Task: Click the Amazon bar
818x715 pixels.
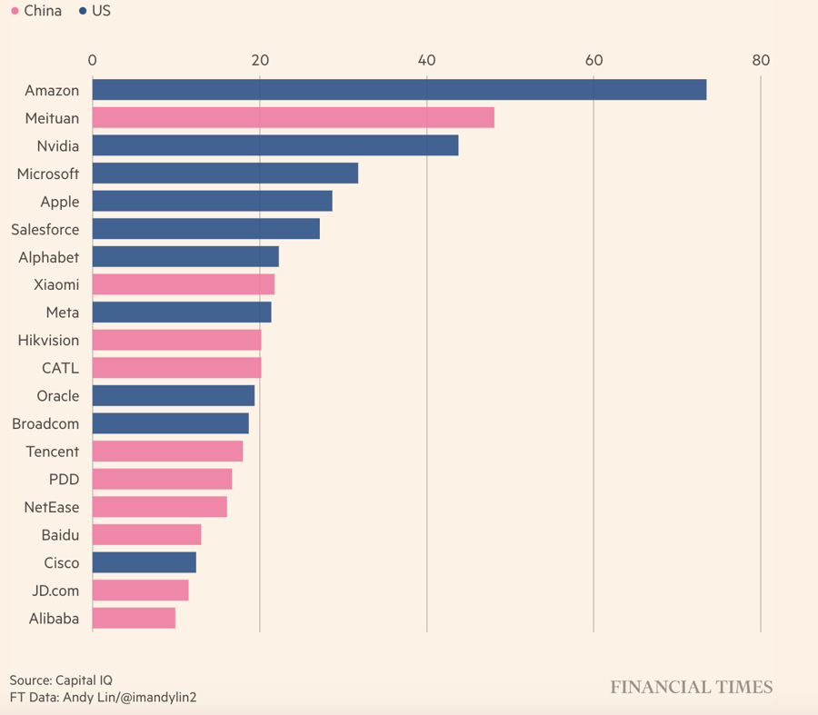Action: [x=399, y=90]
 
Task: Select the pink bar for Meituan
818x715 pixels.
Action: [x=293, y=118]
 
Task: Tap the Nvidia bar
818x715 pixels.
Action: [x=274, y=145]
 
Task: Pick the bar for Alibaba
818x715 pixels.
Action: [x=134, y=619]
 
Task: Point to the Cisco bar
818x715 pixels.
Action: [x=144, y=562]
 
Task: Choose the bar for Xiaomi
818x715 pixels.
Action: [x=183, y=284]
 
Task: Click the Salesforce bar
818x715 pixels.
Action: [x=205, y=229]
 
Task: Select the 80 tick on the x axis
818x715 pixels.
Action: [x=761, y=61]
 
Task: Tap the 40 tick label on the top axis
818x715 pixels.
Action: [x=426, y=61]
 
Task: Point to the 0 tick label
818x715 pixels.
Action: [x=93, y=61]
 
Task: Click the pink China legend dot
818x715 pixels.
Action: [x=15, y=12]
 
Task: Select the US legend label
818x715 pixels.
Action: [x=101, y=12]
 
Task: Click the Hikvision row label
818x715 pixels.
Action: [x=48, y=341]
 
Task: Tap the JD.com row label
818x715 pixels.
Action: [x=55, y=591]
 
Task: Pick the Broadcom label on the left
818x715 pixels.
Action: [x=45, y=424]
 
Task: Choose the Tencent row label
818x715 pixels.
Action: [x=52, y=452]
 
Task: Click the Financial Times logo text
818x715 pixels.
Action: [x=691, y=688]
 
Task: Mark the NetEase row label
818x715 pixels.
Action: [x=52, y=508]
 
